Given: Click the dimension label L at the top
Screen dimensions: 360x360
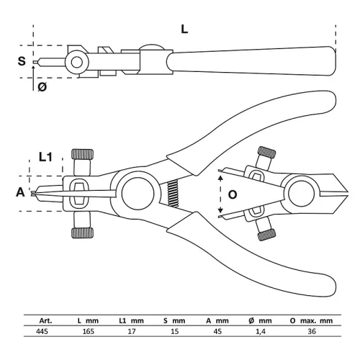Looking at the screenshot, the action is [184, 30].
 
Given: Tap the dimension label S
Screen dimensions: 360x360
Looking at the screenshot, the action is [22, 61].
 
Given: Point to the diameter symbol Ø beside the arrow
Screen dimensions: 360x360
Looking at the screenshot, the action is [42, 87].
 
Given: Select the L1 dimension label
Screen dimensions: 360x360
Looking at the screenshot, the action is [45, 157].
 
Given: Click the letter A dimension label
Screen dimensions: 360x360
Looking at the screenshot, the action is [20, 192].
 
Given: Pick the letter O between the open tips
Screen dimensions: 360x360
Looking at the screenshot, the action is [232, 194].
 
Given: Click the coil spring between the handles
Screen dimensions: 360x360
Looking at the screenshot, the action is [173, 194].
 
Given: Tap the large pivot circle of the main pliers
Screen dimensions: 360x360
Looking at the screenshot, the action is [138, 194].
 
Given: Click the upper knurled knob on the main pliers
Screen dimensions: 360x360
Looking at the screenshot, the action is [82, 154].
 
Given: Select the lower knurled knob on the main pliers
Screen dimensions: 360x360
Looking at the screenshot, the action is [82, 233].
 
